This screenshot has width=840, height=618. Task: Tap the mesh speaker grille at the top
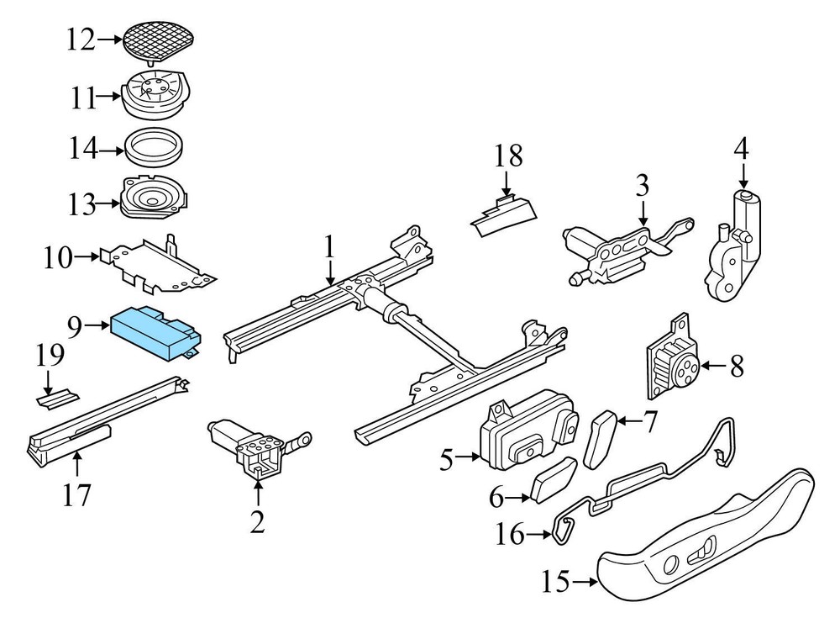[159, 37]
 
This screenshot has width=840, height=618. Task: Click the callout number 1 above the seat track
[330, 246]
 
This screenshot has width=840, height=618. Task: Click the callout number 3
[642, 184]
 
